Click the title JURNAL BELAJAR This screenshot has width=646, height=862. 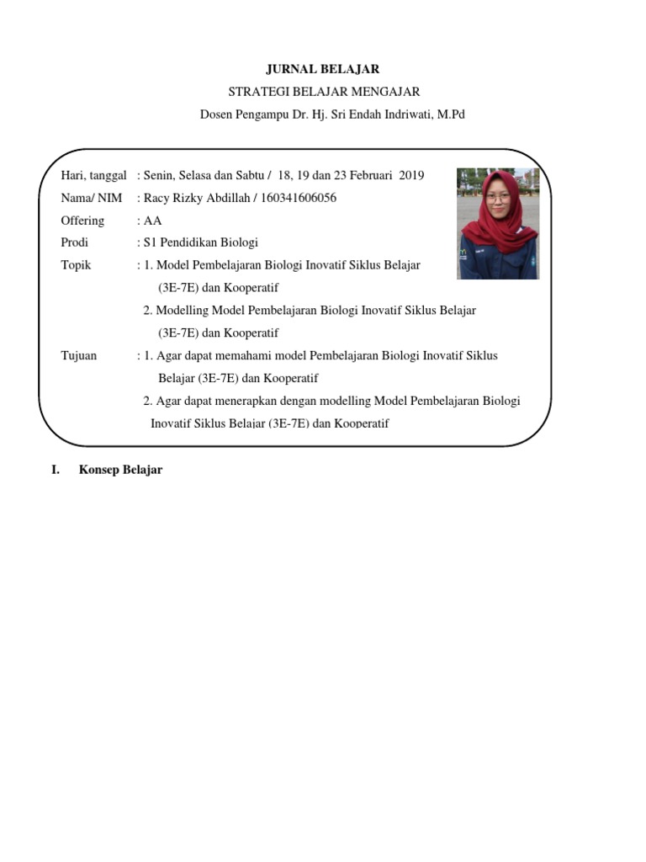[323, 69]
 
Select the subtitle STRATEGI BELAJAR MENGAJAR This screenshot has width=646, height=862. [323, 92]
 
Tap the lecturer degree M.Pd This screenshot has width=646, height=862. [449, 114]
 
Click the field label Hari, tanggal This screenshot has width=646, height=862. [94, 175]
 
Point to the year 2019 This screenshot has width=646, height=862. [412, 175]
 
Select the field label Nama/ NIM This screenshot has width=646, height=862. [92, 198]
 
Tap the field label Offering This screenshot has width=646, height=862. [82, 221]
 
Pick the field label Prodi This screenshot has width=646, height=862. [75, 242]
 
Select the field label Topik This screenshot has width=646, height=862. [77, 265]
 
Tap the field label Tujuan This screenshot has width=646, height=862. [79, 355]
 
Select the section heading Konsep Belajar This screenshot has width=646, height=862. [120, 470]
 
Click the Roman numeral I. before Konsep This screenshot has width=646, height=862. [56, 470]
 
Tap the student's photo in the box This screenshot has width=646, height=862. [498, 223]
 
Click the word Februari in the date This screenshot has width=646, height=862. [368, 175]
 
